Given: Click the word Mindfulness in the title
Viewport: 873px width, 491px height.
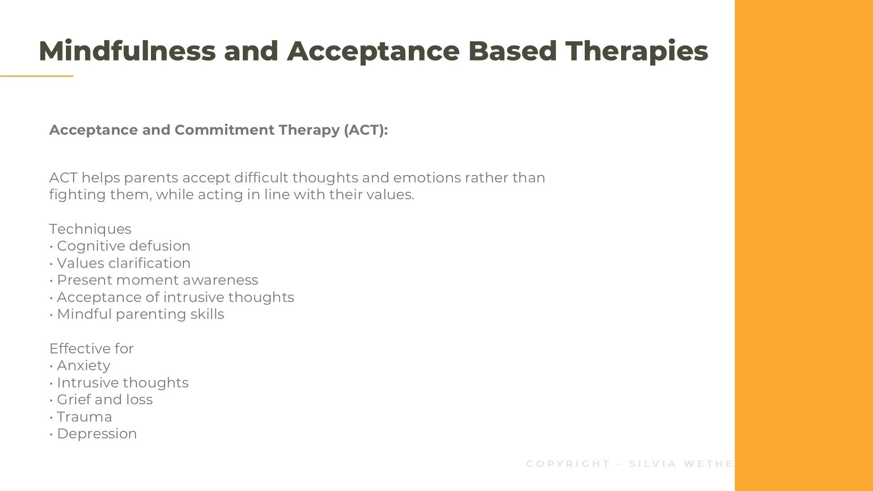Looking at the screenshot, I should pyautogui.click(x=127, y=50).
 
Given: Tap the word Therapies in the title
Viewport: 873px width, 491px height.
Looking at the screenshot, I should pyautogui.click(x=637, y=50).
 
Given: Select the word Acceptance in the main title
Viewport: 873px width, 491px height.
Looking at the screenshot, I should pyautogui.click(x=373, y=50).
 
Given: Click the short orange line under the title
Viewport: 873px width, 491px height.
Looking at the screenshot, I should pyautogui.click(x=36, y=76).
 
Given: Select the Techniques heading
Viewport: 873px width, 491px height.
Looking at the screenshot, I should pyautogui.click(x=90, y=229).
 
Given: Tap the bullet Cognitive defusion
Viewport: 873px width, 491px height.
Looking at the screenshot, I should pyautogui.click(x=123, y=246).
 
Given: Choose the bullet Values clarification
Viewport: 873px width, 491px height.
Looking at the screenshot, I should pyautogui.click(x=123, y=263).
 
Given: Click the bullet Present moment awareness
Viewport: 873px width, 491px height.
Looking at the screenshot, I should pyautogui.click(x=157, y=280).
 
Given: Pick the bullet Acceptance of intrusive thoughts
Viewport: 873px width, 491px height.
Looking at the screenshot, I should pyautogui.click(x=175, y=297).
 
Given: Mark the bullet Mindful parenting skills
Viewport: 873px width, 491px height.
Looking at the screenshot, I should pyautogui.click(x=140, y=314).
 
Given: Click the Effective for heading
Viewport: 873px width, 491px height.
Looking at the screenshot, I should pyautogui.click(x=91, y=349).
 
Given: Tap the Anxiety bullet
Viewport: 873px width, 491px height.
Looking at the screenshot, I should pyautogui.click(x=83, y=366).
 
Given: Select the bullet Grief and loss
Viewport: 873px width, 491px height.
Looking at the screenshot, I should pyautogui.click(x=105, y=400).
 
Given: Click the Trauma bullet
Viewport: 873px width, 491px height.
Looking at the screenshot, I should pyautogui.click(x=84, y=417).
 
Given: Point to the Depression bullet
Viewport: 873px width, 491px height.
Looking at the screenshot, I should pyautogui.click(x=96, y=434).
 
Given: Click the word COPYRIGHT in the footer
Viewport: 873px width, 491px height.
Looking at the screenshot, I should pyautogui.click(x=568, y=464).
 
